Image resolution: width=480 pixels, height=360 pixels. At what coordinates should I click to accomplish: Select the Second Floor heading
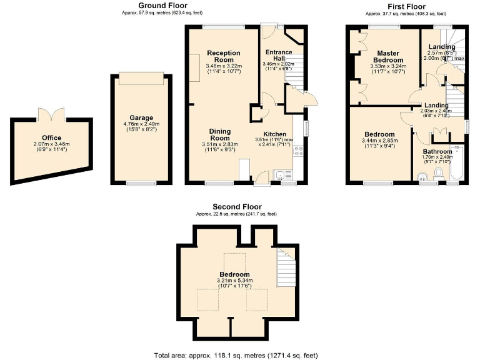(237, 207)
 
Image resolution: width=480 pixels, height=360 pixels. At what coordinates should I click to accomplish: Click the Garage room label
(141, 117)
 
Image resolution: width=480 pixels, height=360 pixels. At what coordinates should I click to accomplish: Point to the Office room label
(51, 137)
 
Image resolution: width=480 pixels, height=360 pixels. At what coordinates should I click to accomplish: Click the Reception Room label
(224, 56)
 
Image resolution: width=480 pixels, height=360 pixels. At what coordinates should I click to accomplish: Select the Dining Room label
(219, 134)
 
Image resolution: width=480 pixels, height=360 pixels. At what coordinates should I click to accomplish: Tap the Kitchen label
(275, 134)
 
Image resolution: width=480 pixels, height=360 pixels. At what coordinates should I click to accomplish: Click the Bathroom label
(437, 152)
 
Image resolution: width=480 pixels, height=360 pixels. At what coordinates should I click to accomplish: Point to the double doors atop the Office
(51, 115)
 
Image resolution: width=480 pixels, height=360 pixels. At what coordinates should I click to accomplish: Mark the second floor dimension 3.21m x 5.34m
(234, 281)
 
